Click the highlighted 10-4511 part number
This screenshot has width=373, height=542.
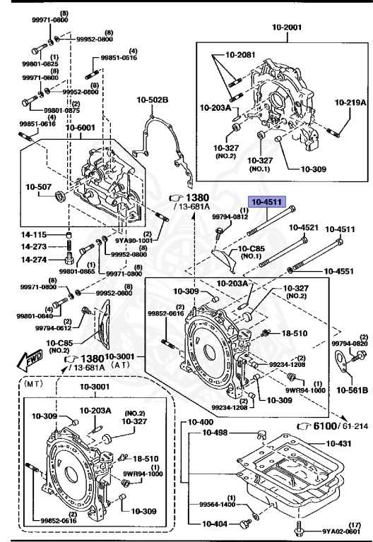click(268, 203)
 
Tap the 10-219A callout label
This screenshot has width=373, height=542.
click(350, 102)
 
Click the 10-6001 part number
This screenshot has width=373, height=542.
click(83, 128)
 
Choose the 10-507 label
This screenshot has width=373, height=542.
click(40, 187)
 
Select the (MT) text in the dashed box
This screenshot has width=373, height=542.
click(34, 386)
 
